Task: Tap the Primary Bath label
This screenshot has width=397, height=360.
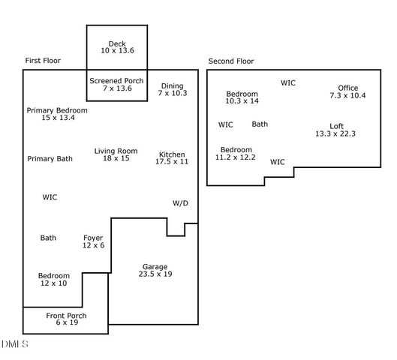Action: pyautogui.click(x=50, y=159)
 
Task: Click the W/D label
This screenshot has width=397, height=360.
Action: pyautogui.click(x=180, y=203)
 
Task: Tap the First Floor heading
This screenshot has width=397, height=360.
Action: pyautogui.click(x=43, y=61)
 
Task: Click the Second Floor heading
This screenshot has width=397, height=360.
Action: pyautogui.click(x=230, y=61)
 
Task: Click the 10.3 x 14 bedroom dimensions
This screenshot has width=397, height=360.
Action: pyautogui.click(x=242, y=100)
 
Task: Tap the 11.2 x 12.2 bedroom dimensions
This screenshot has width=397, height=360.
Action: pyautogui.click(x=236, y=157)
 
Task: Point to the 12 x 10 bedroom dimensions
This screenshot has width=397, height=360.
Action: pyautogui.click(x=53, y=283)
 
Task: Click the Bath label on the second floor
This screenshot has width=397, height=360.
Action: pyautogui.click(x=260, y=124)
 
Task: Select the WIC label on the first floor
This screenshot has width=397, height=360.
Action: pyautogui.click(x=50, y=197)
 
